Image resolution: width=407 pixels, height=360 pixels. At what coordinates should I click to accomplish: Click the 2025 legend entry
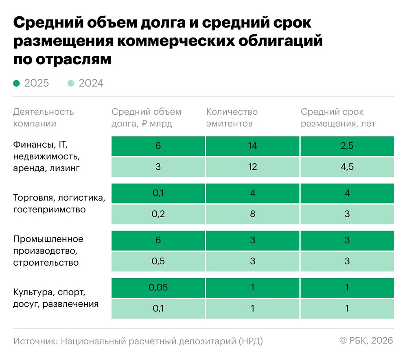(x=31, y=83)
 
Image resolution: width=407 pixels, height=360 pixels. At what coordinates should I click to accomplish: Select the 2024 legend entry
(x=86, y=83)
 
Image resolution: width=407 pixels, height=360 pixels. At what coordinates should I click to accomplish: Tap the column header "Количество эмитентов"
(x=232, y=118)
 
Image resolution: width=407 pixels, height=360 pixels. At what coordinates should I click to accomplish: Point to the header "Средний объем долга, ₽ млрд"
(x=146, y=118)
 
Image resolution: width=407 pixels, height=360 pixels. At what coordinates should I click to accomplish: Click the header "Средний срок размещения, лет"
(x=338, y=118)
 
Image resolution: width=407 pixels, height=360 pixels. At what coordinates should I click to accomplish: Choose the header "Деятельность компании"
(x=44, y=118)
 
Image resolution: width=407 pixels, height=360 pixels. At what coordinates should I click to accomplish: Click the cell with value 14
(x=252, y=146)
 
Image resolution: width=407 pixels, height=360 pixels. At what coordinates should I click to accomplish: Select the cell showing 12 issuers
(x=252, y=167)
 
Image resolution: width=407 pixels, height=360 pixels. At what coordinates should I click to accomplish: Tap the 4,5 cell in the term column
(x=347, y=167)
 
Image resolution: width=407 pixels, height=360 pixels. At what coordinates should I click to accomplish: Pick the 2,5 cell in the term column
(x=347, y=146)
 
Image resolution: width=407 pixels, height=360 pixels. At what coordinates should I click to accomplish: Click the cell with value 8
(x=252, y=214)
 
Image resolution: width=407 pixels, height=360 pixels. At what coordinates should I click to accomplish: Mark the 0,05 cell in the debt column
(x=158, y=288)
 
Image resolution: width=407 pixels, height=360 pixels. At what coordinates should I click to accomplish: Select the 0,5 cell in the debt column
(x=158, y=261)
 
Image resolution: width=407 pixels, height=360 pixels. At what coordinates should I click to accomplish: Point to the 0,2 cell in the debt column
(x=158, y=214)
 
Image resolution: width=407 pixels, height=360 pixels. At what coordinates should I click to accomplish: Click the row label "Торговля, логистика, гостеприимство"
(x=59, y=204)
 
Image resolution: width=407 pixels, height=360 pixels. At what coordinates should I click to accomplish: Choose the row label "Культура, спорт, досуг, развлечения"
(x=56, y=298)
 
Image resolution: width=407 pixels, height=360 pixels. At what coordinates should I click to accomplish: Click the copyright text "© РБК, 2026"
(x=366, y=341)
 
